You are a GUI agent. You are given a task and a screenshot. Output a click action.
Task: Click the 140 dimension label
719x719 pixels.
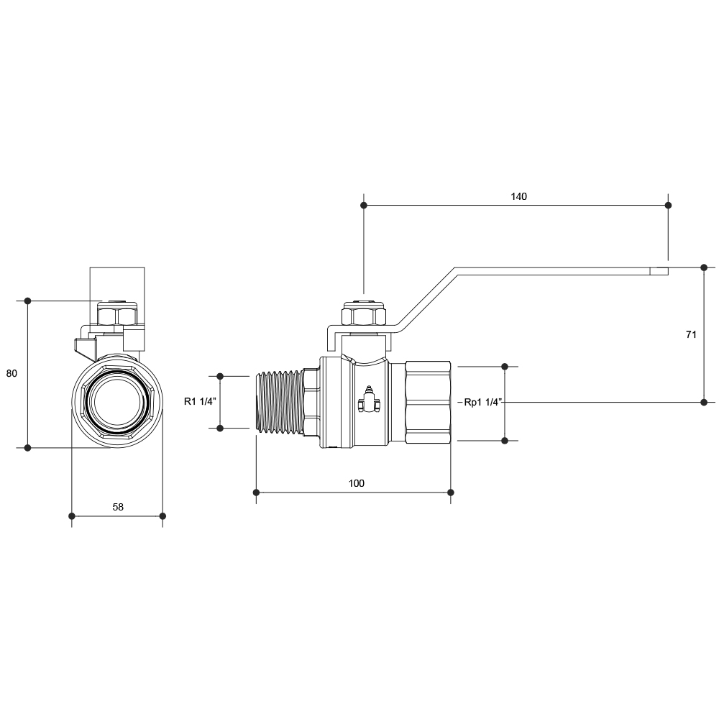(x=518, y=196)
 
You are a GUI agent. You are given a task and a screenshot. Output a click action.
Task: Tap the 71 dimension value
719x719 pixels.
(x=691, y=335)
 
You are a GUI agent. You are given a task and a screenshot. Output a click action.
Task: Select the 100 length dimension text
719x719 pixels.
(x=357, y=483)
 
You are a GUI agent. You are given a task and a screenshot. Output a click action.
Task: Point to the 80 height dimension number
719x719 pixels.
(x=12, y=374)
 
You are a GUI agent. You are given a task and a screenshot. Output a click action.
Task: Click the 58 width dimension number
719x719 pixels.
(x=118, y=507)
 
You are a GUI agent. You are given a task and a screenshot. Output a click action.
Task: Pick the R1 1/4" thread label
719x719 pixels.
(x=200, y=402)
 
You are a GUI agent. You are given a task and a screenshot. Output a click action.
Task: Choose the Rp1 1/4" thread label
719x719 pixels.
(x=483, y=403)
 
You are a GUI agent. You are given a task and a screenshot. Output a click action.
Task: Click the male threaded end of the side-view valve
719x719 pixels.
(x=278, y=402)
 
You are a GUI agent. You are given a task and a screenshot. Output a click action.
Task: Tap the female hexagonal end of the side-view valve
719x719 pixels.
(x=428, y=402)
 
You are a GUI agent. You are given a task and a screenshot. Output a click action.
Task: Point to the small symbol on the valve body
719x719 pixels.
(x=369, y=400)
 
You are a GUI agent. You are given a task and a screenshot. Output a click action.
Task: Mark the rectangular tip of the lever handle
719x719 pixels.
(x=659, y=271)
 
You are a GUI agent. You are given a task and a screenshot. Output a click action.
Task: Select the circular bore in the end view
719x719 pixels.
(x=117, y=402)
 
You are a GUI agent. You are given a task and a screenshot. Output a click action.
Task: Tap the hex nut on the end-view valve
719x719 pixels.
(x=117, y=314)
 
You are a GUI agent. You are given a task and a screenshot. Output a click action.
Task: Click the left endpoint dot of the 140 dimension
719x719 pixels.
(x=364, y=206)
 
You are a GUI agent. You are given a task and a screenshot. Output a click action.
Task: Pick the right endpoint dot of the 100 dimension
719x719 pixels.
(x=451, y=493)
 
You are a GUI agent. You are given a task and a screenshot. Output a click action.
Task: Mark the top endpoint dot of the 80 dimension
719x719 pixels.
(x=27, y=301)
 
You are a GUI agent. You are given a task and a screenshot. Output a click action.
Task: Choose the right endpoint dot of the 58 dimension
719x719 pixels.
(x=162, y=516)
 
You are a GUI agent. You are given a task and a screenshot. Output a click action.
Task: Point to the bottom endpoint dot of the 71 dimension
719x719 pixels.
(x=705, y=402)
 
